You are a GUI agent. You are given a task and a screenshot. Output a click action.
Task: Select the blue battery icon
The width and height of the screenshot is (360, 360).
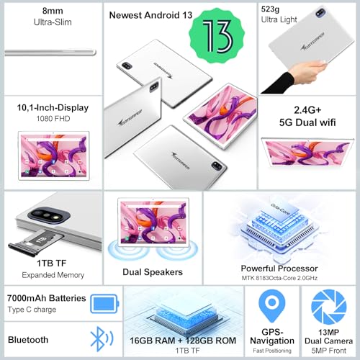point(103,302)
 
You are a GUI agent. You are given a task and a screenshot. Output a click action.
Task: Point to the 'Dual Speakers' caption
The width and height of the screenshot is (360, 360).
point(153,272)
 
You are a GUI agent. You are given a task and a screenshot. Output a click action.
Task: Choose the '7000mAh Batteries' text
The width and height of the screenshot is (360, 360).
point(47,298)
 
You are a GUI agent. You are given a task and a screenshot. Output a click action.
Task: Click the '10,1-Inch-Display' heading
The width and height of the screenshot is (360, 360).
point(53,107)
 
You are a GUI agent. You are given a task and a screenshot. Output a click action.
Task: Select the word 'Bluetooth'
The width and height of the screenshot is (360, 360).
point(29,339)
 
